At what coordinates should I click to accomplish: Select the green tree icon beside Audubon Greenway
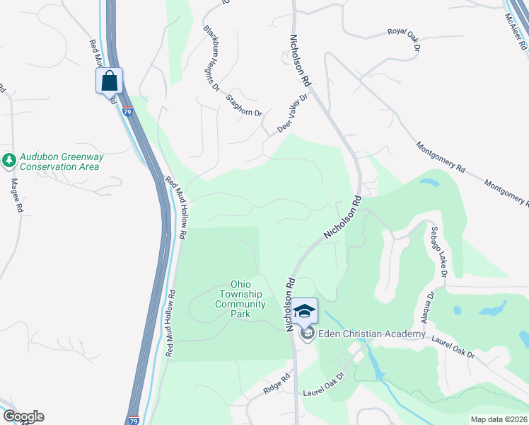click(x=9, y=161)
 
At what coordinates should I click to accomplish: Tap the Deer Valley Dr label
click(x=293, y=113)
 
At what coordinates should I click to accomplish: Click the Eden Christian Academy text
click(x=372, y=334)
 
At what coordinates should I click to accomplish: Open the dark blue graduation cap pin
click(x=305, y=310)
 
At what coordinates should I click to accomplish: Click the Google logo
click(x=23, y=416)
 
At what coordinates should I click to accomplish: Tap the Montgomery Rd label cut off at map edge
click(x=506, y=193)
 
